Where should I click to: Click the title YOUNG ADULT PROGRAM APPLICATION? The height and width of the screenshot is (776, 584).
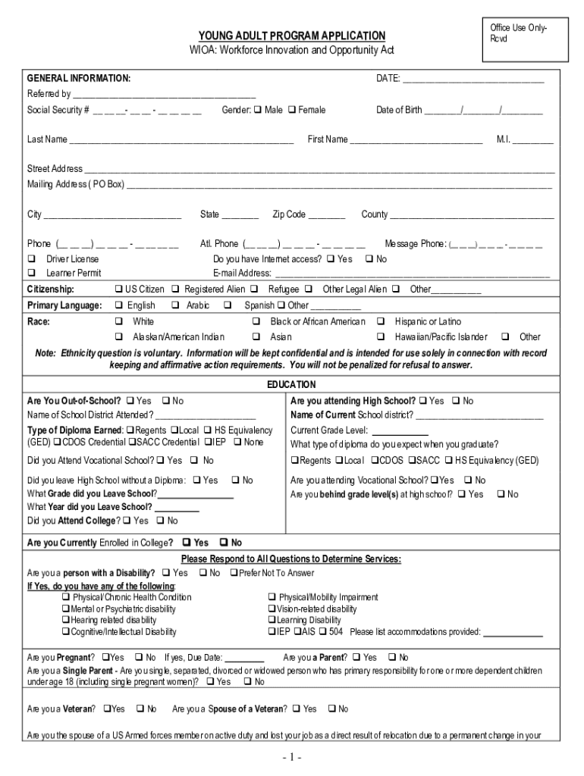(x=292, y=36)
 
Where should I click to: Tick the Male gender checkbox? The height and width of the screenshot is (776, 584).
(x=257, y=111)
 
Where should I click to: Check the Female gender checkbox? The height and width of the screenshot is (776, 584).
(x=291, y=111)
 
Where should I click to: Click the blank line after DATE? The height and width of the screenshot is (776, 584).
(x=474, y=79)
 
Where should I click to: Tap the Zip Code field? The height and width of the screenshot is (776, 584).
(x=327, y=215)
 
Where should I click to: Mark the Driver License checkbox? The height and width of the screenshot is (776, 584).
(x=32, y=259)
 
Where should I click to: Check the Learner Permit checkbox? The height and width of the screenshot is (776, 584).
(x=32, y=273)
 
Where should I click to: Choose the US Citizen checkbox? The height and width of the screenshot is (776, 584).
(x=118, y=289)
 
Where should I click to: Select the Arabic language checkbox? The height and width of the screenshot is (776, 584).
(x=175, y=305)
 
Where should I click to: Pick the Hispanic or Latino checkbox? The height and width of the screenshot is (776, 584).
(x=381, y=322)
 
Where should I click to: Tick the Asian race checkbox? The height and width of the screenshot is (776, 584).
(x=257, y=337)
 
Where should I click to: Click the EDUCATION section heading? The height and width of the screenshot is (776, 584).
(x=292, y=385)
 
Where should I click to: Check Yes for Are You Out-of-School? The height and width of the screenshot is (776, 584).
(x=130, y=401)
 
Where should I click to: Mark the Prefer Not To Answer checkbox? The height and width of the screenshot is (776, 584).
(x=234, y=573)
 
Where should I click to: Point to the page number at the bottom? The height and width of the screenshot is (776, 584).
(x=292, y=757)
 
